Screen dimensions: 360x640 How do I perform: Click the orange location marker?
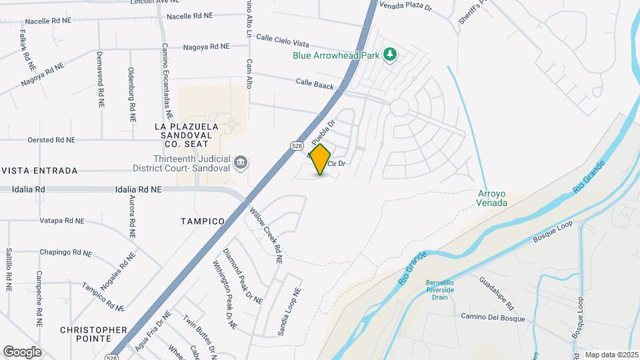[321, 159]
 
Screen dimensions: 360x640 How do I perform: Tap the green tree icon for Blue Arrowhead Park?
[391, 55]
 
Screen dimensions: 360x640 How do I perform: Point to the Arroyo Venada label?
[493, 198]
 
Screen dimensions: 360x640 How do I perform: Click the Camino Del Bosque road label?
[493, 317]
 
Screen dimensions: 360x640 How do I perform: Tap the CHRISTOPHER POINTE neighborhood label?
[93, 334]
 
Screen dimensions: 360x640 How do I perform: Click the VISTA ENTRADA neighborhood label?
[39, 171]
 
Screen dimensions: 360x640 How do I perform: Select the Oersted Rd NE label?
[51, 140]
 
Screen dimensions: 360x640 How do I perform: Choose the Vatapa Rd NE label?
[62, 220]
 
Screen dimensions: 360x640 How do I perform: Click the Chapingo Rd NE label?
[65, 253]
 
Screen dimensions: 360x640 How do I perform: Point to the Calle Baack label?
[315, 84]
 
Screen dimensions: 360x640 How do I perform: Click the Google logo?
[22, 351]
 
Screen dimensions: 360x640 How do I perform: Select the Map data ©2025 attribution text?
[611, 355]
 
